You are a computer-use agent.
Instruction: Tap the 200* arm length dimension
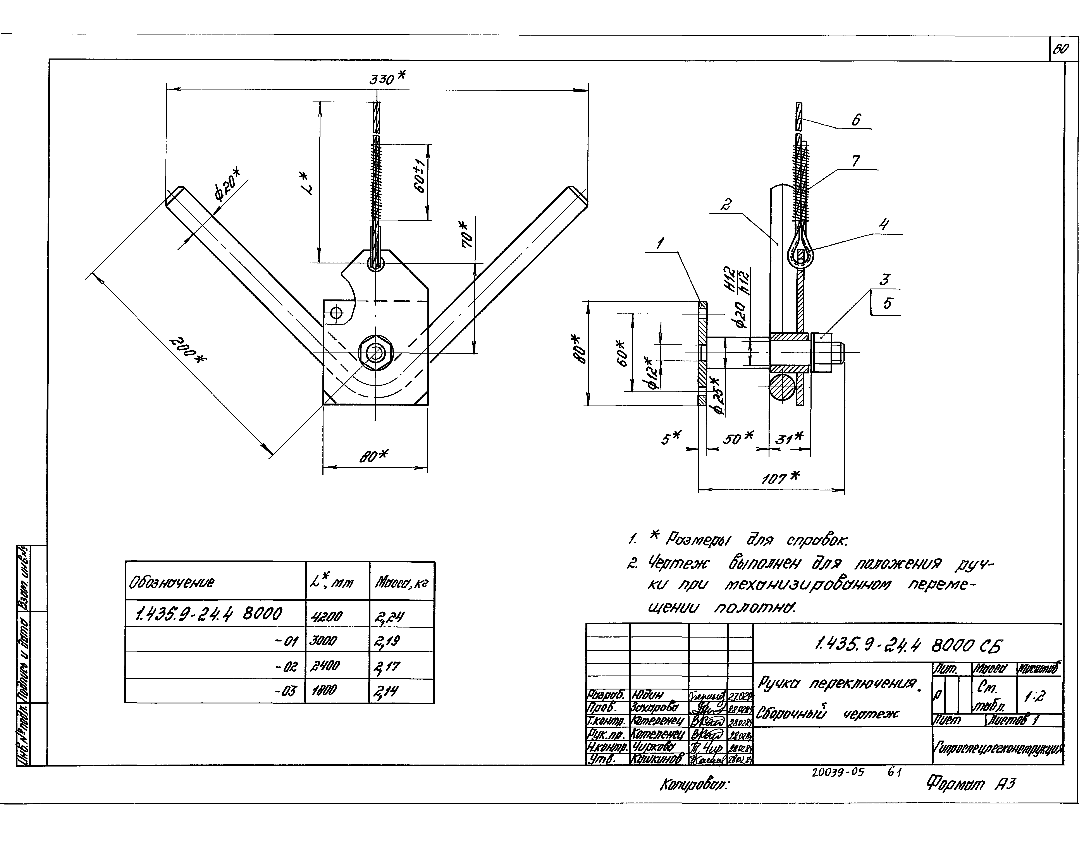point(188,351)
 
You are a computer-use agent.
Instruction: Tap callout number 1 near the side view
point(660,243)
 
